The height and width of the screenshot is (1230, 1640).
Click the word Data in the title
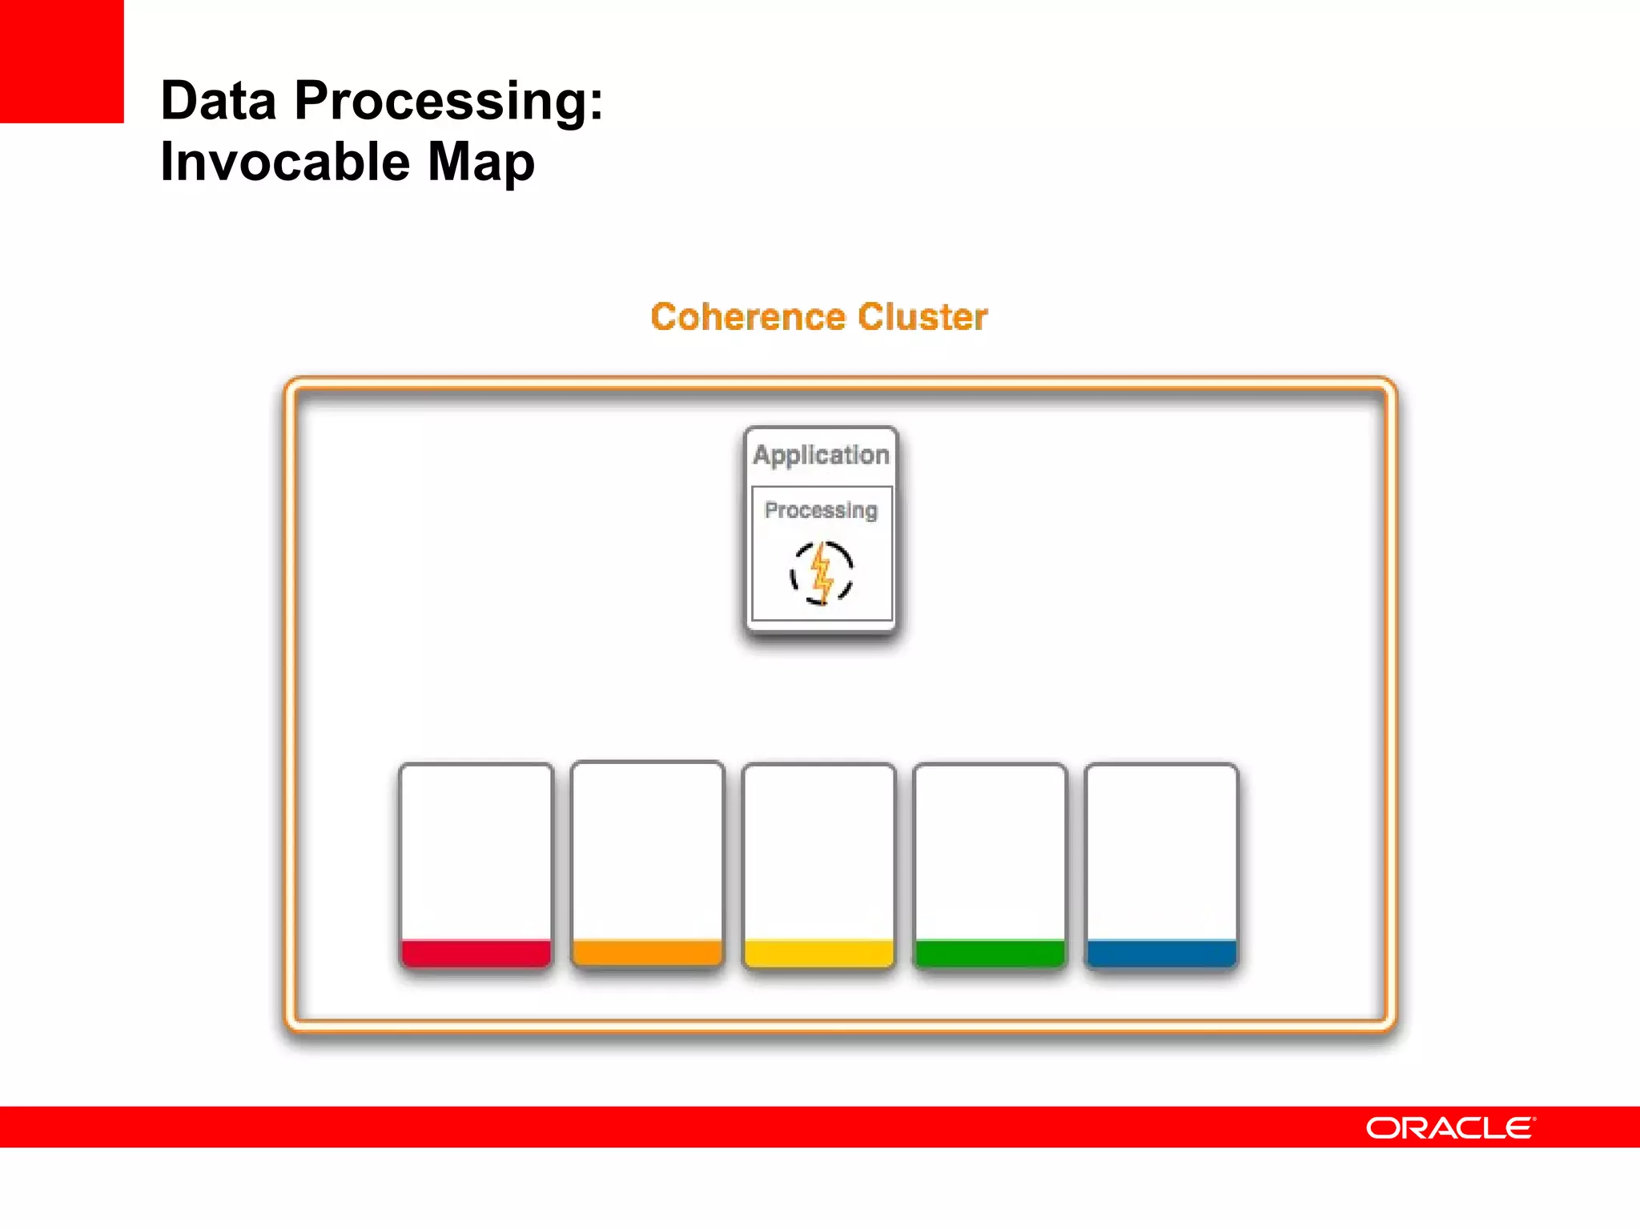point(218,101)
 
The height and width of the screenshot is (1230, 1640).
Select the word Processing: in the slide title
point(448,102)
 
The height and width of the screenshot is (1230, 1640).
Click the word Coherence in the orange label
point(747,317)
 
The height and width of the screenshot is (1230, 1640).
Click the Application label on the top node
point(821,455)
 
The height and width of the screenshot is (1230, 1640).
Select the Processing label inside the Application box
point(821,510)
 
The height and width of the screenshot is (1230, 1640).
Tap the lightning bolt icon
point(822,573)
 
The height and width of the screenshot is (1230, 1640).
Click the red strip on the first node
point(476,954)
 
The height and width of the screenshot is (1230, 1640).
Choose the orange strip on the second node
point(647,953)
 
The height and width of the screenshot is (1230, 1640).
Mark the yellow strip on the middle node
point(818,954)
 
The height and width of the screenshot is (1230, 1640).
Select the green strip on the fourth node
point(990,954)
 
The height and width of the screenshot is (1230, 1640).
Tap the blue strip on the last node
point(1161,954)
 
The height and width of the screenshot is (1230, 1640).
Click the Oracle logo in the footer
point(1449,1127)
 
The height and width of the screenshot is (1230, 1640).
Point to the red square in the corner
point(62,61)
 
